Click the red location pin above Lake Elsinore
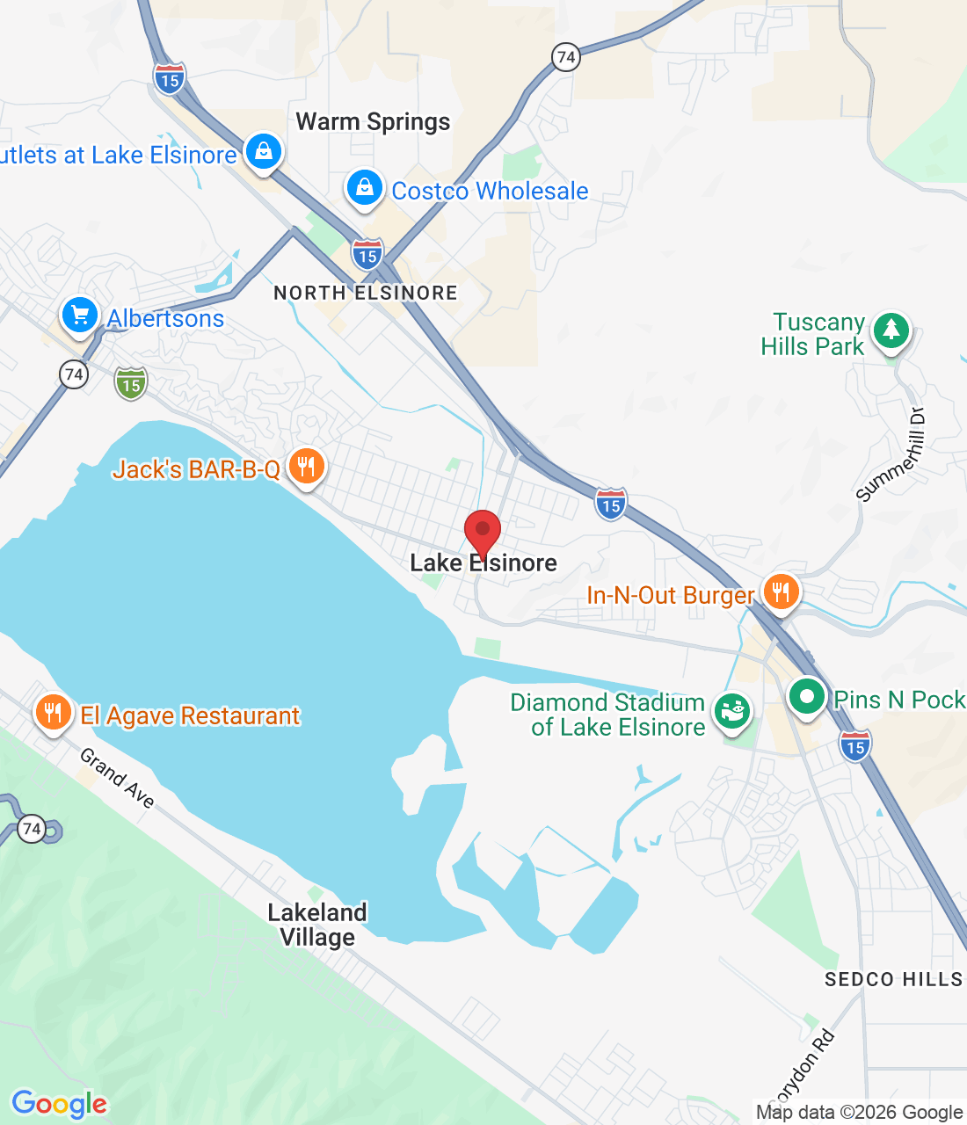(483, 530)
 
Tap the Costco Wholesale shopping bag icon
(364, 187)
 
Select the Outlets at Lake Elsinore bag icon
(263, 152)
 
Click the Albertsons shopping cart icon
(79, 315)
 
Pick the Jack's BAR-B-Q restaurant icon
(306, 466)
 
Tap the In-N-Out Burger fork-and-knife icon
(780, 592)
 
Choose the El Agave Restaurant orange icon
(54, 713)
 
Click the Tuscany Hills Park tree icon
(891, 331)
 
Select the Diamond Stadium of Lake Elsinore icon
(731, 710)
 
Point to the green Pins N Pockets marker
(806, 697)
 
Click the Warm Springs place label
(373, 122)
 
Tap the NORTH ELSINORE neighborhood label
(366, 293)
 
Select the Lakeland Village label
(317, 925)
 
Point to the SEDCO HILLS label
(893, 979)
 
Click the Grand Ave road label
(118, 778)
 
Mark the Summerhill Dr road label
(891, 456)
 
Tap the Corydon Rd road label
(803, 1069)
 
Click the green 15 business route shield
(131, 383)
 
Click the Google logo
(60, 1104)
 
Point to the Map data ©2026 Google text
(859, 1112)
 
